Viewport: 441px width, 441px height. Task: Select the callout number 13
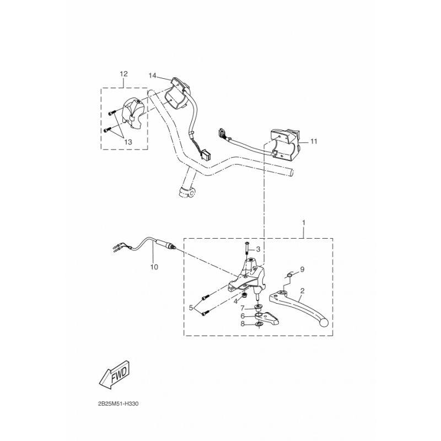[x=128, y=142]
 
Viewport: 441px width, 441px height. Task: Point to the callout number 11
[x=314, y=142]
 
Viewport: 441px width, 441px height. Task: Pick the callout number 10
[x=154, y=267]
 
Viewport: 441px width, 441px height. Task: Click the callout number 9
[x=302, y=270]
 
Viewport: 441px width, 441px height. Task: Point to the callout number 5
[x=192, y=308]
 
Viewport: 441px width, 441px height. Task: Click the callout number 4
[x=235, y=302]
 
